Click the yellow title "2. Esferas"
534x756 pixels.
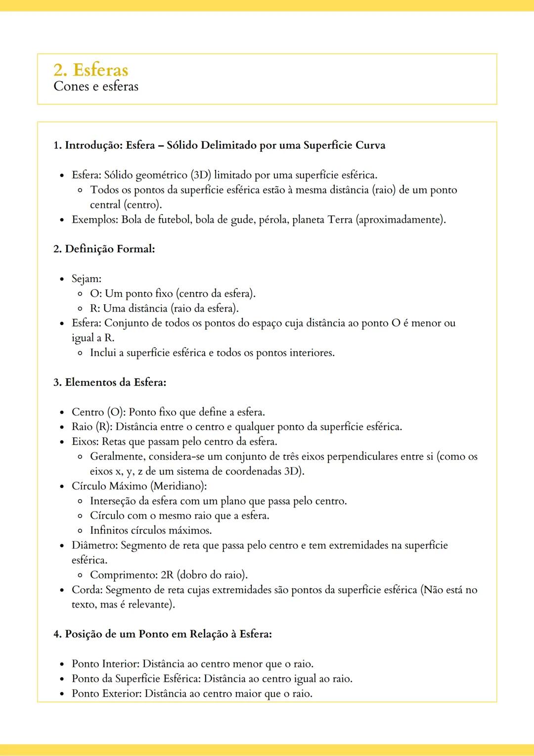[x=91, y=70]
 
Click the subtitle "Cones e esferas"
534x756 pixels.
[x=96, y=87]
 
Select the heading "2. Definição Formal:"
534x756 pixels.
[x=104, y=249]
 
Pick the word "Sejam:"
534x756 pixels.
[x=87, y=279]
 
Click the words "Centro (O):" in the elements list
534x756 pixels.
[x=98, y=412]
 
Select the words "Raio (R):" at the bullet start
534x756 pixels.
[x=92, y=427]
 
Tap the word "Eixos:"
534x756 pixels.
[x=85, y=441]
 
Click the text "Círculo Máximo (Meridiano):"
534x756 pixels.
[x=139, y=486]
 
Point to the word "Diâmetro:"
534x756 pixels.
[x=94, y=545]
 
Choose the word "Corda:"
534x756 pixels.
[x=87, y=590]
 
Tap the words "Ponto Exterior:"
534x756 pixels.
[x=106, y=694]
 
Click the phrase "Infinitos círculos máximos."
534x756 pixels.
[x=151, y=530]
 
